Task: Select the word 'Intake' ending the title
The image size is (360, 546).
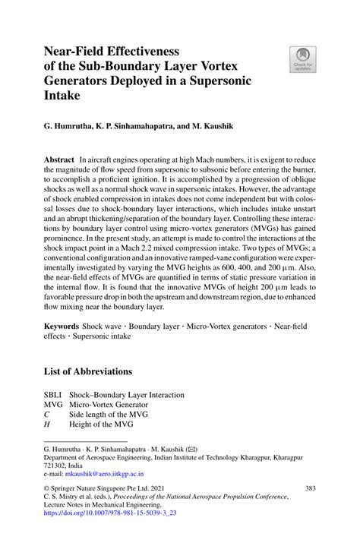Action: (x=62, y=96)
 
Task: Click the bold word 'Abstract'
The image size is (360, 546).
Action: (x=60, y=162)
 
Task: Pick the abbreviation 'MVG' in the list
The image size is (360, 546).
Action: (x=54, y=406)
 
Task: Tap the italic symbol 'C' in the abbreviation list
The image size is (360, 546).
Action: (x=47, y=415)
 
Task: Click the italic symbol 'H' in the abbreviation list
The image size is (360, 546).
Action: (x=47, y=425)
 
